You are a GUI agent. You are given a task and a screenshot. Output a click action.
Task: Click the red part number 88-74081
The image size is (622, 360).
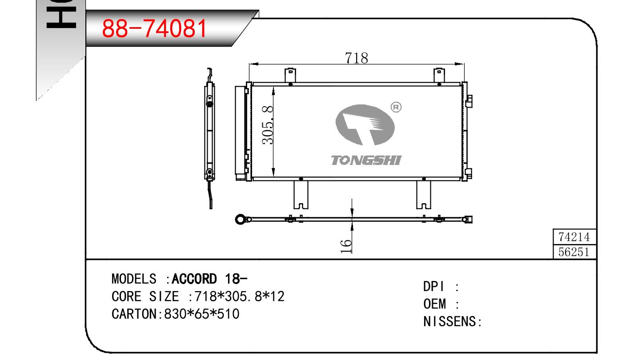(154, 28)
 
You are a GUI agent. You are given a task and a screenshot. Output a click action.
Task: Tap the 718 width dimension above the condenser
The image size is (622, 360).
(356, 58)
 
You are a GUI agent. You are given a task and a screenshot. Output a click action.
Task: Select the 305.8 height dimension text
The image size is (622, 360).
(268, 125)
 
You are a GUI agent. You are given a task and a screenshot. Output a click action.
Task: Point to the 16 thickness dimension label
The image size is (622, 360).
(346, 246)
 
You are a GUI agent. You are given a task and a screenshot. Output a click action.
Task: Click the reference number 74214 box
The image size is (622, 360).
(574, 237)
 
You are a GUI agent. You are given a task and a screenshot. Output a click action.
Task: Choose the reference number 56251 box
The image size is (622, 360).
(574, 252)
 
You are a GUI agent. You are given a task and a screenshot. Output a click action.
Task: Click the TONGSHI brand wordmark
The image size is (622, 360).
(366, 160)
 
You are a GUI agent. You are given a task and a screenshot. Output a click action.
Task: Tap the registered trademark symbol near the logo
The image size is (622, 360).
(396, 107)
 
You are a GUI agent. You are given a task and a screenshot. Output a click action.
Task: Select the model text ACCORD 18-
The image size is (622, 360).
(209, 279)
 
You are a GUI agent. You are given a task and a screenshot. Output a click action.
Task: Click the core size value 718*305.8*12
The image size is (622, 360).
(239, 296)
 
